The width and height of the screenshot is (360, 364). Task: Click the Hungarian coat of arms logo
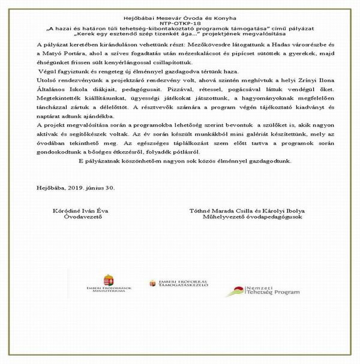click(x=109, y=279)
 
